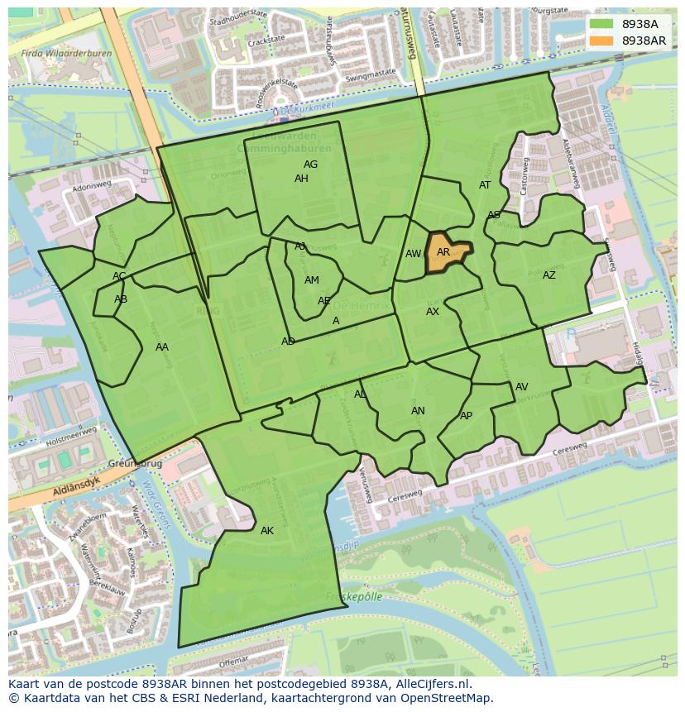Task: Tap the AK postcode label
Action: [266, 531]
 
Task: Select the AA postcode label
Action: [162, 347]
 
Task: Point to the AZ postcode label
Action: [549, 275]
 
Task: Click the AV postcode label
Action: [522, 387]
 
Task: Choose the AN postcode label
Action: [418, 411]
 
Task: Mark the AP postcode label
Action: [466, 416]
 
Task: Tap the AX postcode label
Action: [433, 312]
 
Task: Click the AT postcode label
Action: [485, 185]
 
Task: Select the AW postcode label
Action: [413, 254]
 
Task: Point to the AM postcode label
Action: [312, 280]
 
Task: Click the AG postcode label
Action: [310, 165]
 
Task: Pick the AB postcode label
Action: [121, 299]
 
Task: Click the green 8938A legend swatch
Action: [601, 24]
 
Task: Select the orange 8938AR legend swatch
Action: [601, 41]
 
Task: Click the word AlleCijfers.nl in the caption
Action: [429, 684]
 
